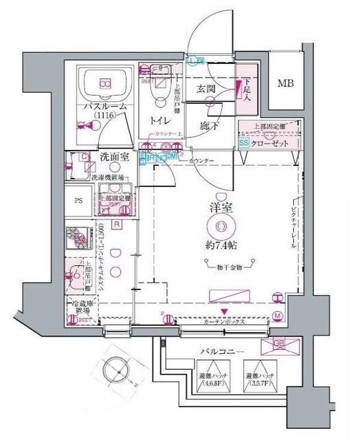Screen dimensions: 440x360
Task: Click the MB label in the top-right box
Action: click(x=284, y=84)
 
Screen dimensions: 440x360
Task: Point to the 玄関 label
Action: click(x=207, y=89)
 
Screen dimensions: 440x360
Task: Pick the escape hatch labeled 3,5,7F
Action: click(x=258, y=378)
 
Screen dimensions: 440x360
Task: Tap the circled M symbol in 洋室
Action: click(x=278, y=316)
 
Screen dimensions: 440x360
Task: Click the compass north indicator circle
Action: click(x=115, y=372)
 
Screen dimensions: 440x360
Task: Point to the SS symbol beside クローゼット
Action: click(x=243, y=143)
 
